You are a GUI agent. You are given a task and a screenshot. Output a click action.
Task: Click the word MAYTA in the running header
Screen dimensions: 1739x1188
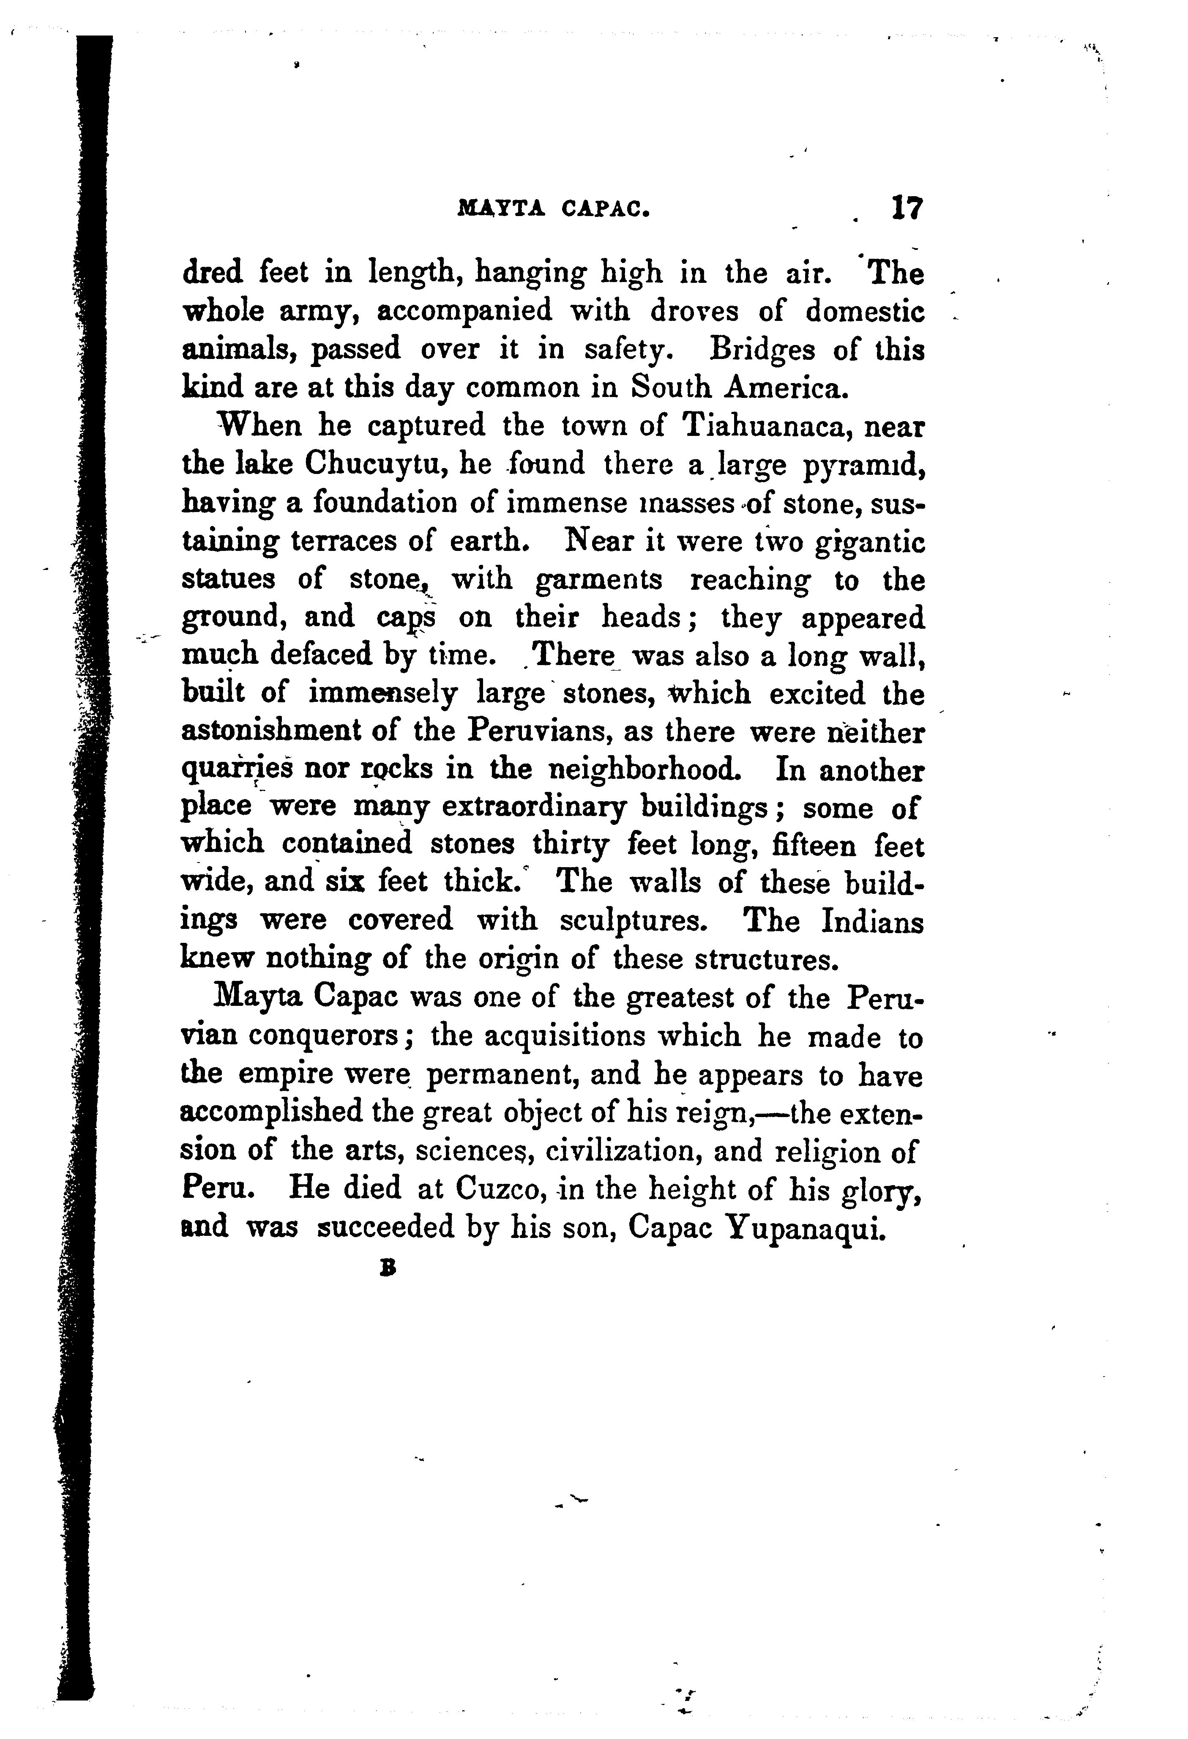click(501, 210)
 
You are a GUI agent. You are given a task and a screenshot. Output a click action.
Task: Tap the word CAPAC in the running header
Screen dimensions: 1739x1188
click(604, 210)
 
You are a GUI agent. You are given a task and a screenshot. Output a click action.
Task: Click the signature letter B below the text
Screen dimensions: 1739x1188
click(387, 1269)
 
